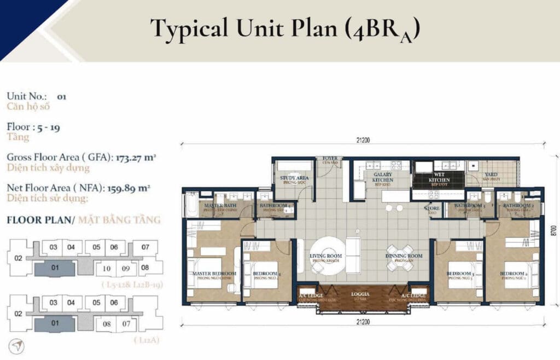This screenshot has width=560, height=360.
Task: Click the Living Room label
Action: [x=325, y=258]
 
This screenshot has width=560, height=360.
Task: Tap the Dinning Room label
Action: [x=404, y=258]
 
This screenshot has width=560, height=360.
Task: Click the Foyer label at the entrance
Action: [x=330, y=159]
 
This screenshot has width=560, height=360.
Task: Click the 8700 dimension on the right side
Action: [x=553, y=230]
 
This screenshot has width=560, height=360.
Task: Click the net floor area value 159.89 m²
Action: [x=131, y=188]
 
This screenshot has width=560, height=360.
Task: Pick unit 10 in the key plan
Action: [x=107, y=268]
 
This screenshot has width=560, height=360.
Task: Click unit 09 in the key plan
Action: [x=126, y=268]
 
